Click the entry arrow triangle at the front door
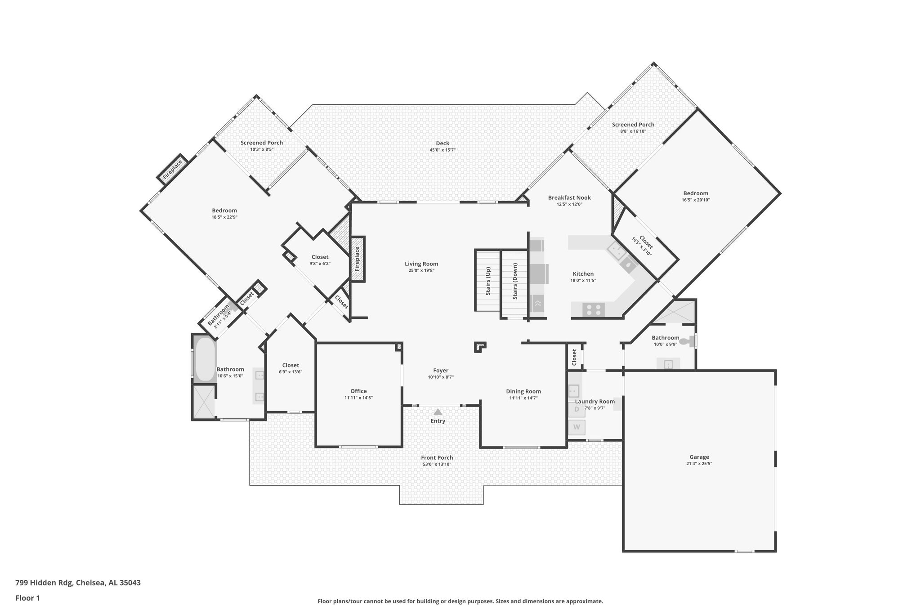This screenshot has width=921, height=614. (438, 412)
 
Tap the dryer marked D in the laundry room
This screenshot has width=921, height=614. (577, 409)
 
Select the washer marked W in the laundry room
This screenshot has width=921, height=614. (577, 427)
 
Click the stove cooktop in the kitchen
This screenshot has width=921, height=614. (594, 309)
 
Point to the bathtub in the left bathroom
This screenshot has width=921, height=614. (204, 359)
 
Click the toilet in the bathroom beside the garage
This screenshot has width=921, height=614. (685, 341)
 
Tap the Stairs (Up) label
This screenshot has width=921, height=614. (488, 281)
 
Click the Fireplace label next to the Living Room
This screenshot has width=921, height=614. (357, 259)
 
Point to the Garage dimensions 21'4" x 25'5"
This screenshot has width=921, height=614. (699, 463)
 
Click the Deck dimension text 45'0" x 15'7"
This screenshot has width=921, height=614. (443, 150)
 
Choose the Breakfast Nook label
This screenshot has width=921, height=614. (569, 197)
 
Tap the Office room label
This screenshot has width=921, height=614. (358, 391)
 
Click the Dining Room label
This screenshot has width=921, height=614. (523, 391)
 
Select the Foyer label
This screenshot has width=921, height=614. (441, 371)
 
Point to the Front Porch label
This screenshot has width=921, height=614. (437, 457)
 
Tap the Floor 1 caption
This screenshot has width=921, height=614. (28, 598)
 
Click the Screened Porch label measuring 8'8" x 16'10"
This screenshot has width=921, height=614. (633, 125)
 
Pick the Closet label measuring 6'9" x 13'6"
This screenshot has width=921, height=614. (291, 365)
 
